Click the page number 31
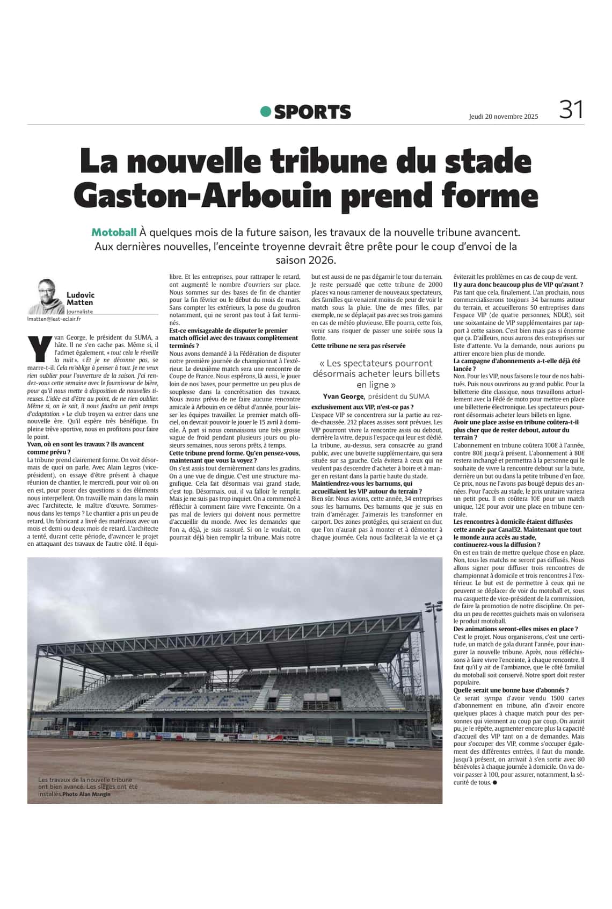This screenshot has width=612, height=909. pos(571,110)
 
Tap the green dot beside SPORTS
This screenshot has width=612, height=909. pos(265,111)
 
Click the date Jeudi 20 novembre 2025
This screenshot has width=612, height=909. pos(503,116)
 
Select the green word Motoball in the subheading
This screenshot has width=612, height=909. pos(114,233)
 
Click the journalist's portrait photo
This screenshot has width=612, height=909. pos(47,297)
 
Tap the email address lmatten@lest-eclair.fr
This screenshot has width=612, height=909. pos(54,319)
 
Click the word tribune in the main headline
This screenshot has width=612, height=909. pos(318,161)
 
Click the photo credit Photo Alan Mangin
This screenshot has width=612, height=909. pos(86,794)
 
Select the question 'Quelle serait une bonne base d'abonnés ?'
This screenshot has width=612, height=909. pos(511,690)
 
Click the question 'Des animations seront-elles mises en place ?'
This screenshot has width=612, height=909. pos(515,629)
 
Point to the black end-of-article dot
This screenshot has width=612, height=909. pos(494,783)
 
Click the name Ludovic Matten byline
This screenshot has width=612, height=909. pos(80,298)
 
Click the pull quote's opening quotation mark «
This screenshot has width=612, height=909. pos(322,364)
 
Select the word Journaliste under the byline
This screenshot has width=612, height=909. pos(79,312)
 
